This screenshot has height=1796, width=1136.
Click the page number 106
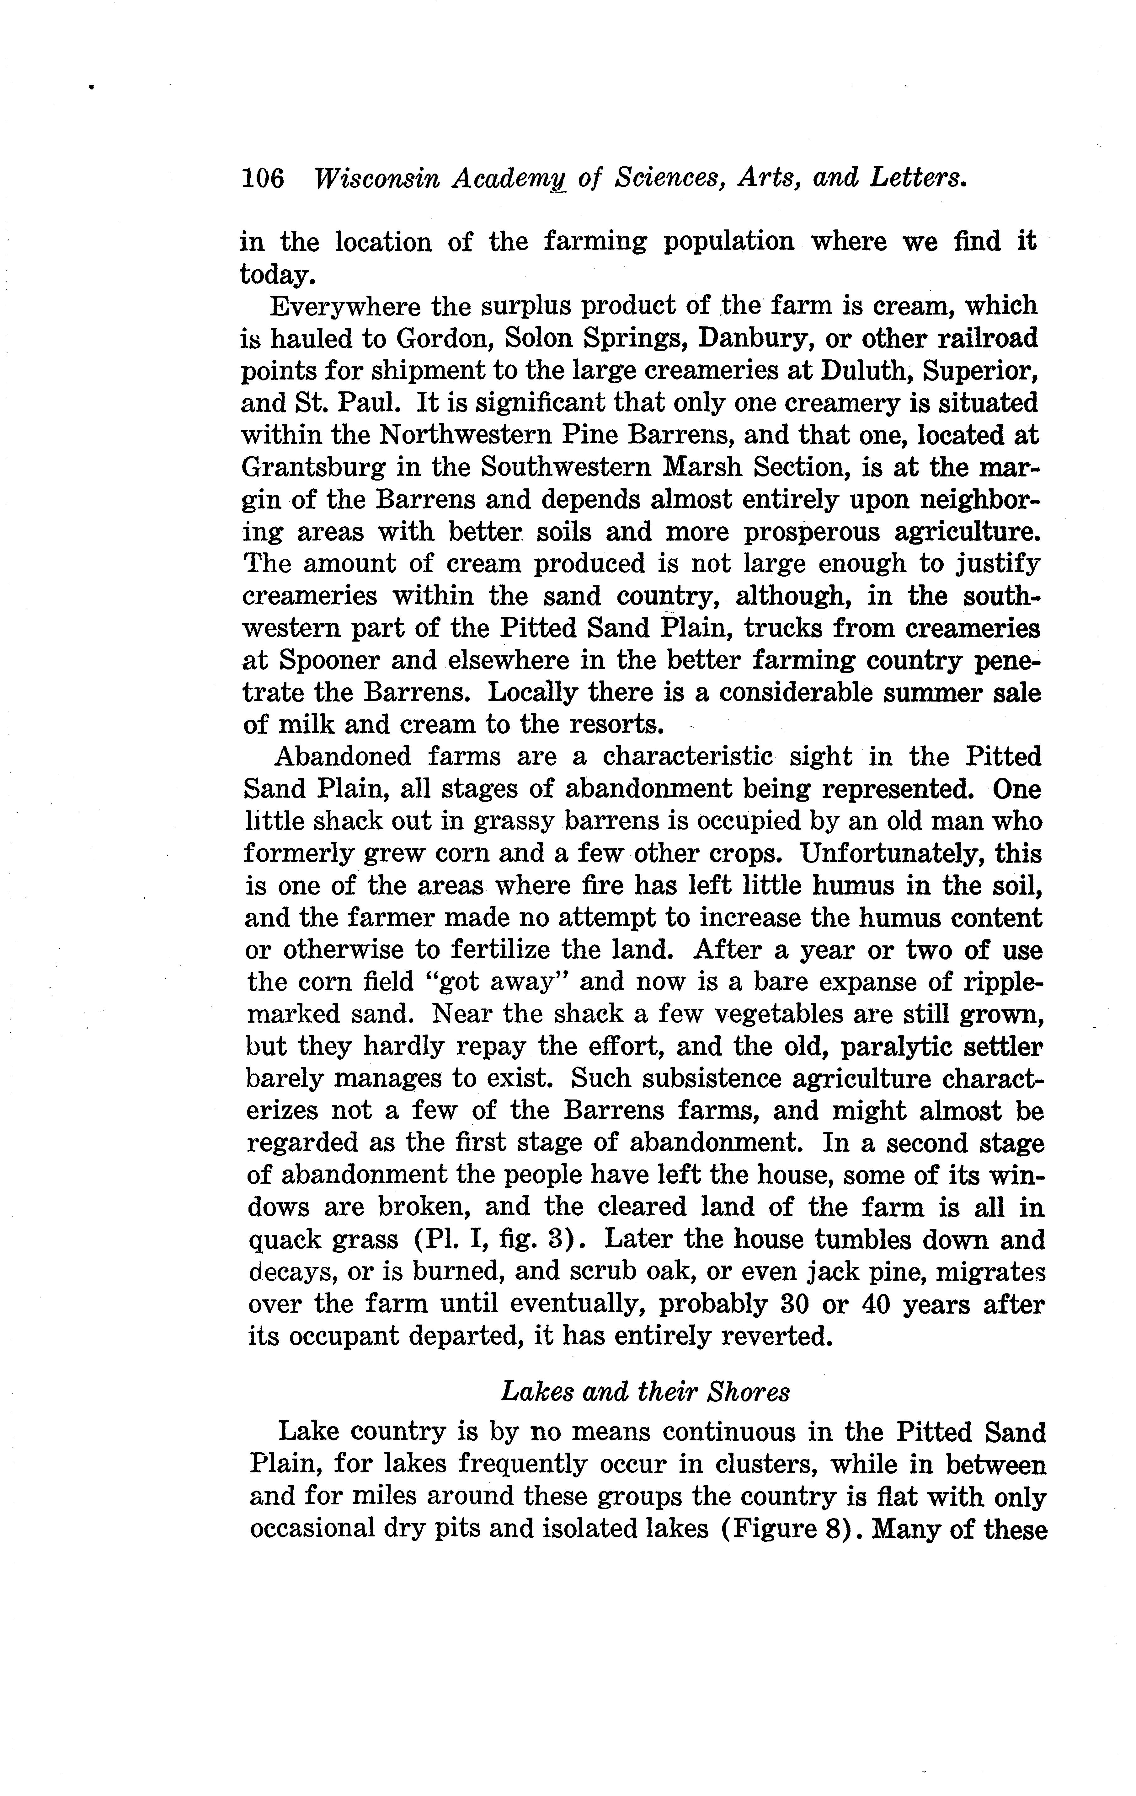coord(262,179)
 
